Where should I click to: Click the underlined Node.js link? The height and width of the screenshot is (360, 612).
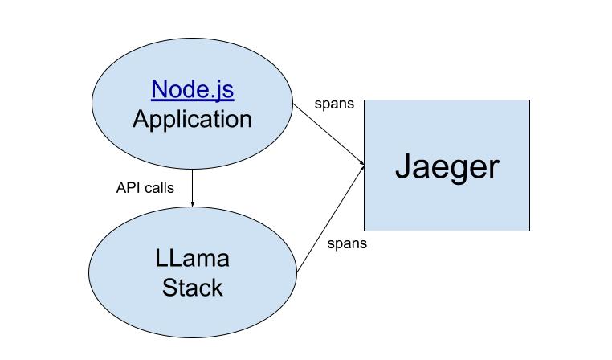[x=192, y=88]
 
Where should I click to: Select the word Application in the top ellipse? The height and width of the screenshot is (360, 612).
[x=192, y=119]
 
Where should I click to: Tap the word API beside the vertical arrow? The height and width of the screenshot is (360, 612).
[x=129, y=187]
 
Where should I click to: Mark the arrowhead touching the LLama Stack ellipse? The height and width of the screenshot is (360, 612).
[x=193, y=204]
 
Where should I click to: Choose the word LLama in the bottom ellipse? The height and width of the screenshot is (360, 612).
[x=192, y=259]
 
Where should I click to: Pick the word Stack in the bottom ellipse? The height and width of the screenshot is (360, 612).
[x=192, y=288]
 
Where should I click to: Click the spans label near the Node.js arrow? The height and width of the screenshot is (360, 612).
[x=335, y=104]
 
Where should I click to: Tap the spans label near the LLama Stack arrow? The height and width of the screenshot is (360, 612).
[x=347, y=243]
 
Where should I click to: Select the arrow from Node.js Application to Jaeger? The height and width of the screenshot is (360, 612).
[x=329, y=134]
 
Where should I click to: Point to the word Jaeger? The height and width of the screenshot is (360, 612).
[x=447, y=167]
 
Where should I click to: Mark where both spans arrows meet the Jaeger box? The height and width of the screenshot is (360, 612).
[x=364, y=166]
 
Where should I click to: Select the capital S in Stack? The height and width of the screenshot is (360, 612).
[x=169, y=288]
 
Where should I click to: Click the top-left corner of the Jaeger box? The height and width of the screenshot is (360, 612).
[x=365, y=100]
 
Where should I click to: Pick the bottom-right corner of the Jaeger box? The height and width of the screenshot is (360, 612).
[x=529, y=231]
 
